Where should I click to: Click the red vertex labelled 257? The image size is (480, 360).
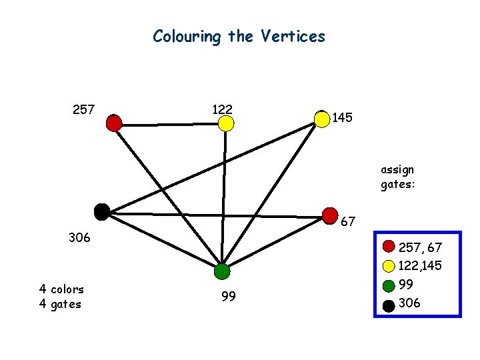point(114,123)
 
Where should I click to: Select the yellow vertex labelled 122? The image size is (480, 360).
point(226,123)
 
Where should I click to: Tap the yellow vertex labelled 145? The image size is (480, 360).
point(323,119)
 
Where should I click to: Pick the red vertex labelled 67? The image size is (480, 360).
point(330,215)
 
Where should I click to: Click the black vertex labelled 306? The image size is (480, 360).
point(101,212)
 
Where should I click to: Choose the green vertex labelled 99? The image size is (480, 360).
point(222,271)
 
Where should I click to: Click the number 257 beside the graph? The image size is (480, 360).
point(83,109)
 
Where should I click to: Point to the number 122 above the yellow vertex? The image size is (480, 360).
point(222,108)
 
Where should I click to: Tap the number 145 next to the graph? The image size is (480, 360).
point(343,118)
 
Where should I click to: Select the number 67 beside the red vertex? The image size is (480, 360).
point(348,222)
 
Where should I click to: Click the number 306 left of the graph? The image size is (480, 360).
point(80,237)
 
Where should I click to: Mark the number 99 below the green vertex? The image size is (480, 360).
point(228,297)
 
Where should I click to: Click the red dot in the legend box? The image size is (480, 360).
point(389,248)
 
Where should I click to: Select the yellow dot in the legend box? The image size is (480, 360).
point(389,266)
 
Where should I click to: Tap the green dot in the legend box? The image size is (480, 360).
point(389,285)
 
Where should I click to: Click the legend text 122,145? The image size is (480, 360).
point(420,267)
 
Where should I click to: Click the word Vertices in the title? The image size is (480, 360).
point(293,35)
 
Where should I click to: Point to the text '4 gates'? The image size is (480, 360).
point(60,304)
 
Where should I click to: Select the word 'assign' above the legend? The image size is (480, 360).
point(397,169)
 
